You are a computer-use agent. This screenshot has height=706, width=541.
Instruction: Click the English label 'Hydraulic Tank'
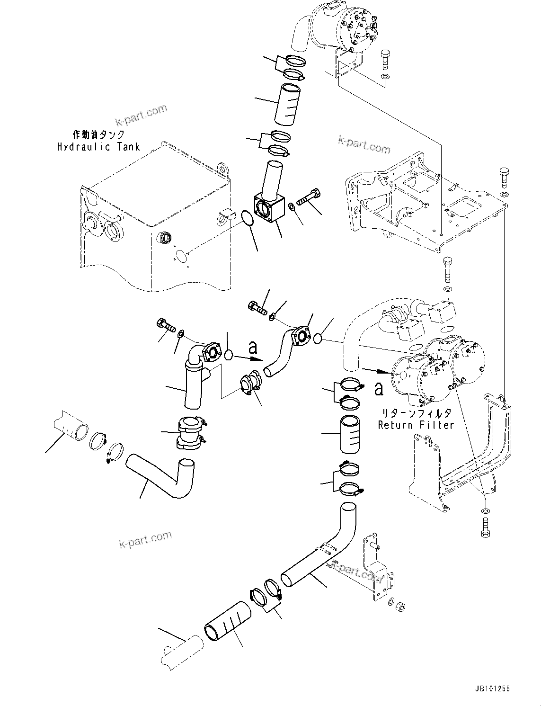98,147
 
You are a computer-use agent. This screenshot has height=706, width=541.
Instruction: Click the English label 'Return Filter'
416,425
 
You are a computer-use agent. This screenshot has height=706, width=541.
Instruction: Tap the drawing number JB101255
490,689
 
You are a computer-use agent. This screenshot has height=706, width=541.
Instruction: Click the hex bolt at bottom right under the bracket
485,528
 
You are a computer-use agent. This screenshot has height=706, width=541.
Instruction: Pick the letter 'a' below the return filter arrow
379,389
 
